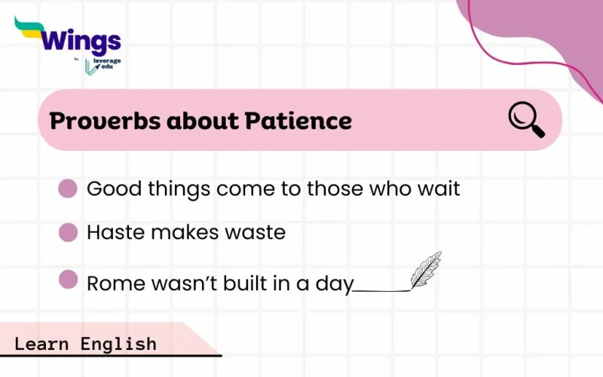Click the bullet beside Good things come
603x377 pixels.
tap(68, 188)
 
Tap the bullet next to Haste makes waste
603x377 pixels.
tap(68, 232)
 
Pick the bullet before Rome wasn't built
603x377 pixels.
tap(68, 280)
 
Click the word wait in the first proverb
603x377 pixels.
tap(438, 188)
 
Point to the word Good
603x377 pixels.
tap(111, 188)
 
